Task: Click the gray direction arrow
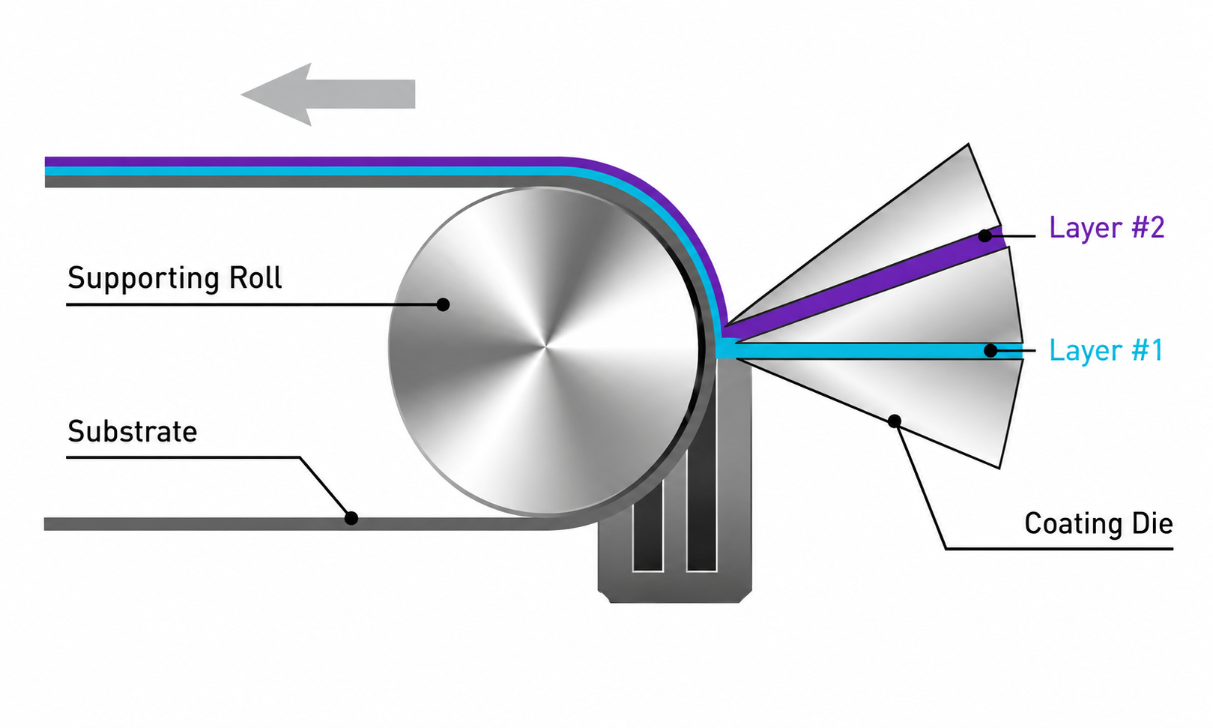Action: click(x=327, y=94)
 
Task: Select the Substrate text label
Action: click(x=132, y=432)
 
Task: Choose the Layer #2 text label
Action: click(x=1107, y=227)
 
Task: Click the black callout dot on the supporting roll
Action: click(x=443, y=304)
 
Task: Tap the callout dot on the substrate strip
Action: click(x=351, y=518)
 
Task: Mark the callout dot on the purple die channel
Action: click(x=985, y=236)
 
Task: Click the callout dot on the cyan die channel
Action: click(x=990, y=351)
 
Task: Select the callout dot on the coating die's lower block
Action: click(x=895, y=421)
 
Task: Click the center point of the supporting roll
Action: click(x=545, y=346)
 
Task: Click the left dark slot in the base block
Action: click(x=647, y=526)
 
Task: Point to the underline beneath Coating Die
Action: click(x=1059, y=549)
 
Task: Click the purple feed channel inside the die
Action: click(x=865, y=281)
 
